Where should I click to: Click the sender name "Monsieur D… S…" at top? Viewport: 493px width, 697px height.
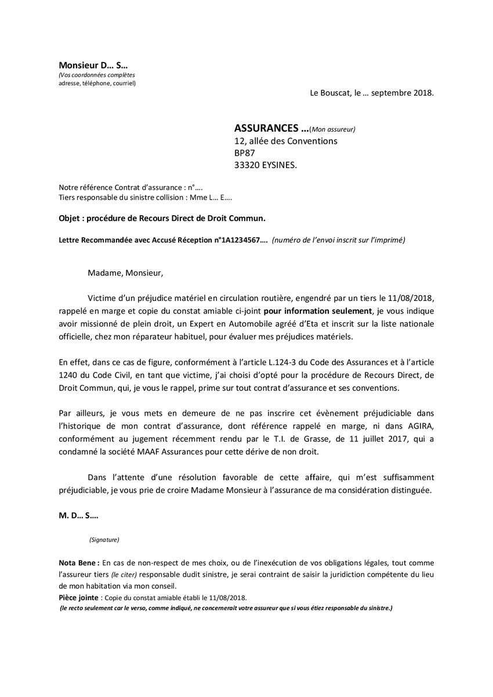pos(92,64)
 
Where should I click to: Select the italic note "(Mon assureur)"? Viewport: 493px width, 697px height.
pos(332,129)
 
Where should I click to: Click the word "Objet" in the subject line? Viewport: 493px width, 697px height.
pos(70,218)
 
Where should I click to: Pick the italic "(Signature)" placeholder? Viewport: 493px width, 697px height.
pos(104,540)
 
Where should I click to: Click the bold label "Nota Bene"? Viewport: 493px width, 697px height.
pos(78,562)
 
